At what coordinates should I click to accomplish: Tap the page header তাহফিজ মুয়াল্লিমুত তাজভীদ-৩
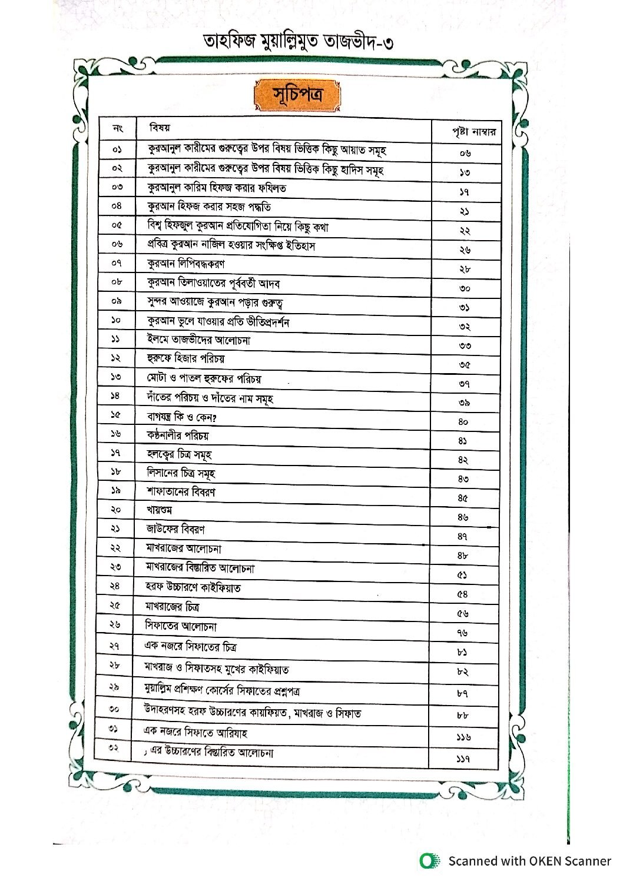click(x=298, y=42)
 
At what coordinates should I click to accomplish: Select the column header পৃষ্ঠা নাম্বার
click(x=473, y=132)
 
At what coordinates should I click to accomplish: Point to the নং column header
click(x=117, y=128)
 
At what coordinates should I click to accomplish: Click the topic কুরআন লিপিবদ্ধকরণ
click(x=185, y=264)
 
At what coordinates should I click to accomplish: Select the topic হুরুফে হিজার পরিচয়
click(x=185, y=358)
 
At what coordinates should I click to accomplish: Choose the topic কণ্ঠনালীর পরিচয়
click(x=178, y=436)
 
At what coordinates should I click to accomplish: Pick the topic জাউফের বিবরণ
click(x=175, y=529)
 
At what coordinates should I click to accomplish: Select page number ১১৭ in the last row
click(x=463, y=759)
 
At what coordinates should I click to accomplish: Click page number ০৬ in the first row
click(x=465, y=154)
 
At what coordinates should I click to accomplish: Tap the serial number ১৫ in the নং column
click(x=115, y=415)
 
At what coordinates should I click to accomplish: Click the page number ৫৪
click(x=463, y=594)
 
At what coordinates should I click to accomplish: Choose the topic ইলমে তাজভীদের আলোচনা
click(x=198, y=340)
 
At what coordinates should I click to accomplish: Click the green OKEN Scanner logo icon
click(x=430, y=861)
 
